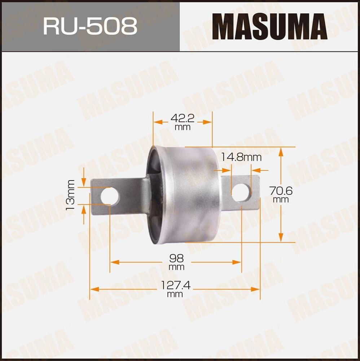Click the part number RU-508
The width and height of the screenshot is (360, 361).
90,26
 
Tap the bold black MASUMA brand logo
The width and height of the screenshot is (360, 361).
269,26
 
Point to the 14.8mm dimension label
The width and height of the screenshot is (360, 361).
241,157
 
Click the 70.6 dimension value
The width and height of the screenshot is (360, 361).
281,191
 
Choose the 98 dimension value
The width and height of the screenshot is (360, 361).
176,258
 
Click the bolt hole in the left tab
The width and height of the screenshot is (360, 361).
110,195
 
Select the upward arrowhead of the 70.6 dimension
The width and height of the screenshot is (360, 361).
281,152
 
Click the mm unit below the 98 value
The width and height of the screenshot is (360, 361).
176,268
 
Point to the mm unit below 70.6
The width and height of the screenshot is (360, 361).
281,200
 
